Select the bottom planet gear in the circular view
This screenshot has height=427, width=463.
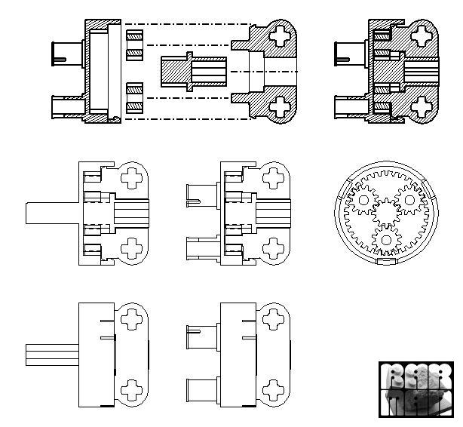click(387, 239)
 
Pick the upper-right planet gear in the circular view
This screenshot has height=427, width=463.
click(411, 201)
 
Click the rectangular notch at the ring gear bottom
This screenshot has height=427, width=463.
click(385, 263)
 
